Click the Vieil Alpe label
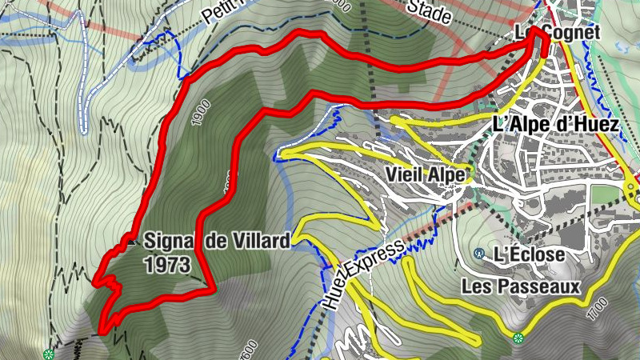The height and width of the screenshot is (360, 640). click(424, 174)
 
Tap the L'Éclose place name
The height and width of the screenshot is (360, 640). click(529, 255)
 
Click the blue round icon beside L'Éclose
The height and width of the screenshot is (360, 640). click(479, 254)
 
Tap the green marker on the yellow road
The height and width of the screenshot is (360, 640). click(518, 337)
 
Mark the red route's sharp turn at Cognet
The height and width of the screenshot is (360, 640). click(544, 40)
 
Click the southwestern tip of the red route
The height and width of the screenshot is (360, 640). click(102, 330)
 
